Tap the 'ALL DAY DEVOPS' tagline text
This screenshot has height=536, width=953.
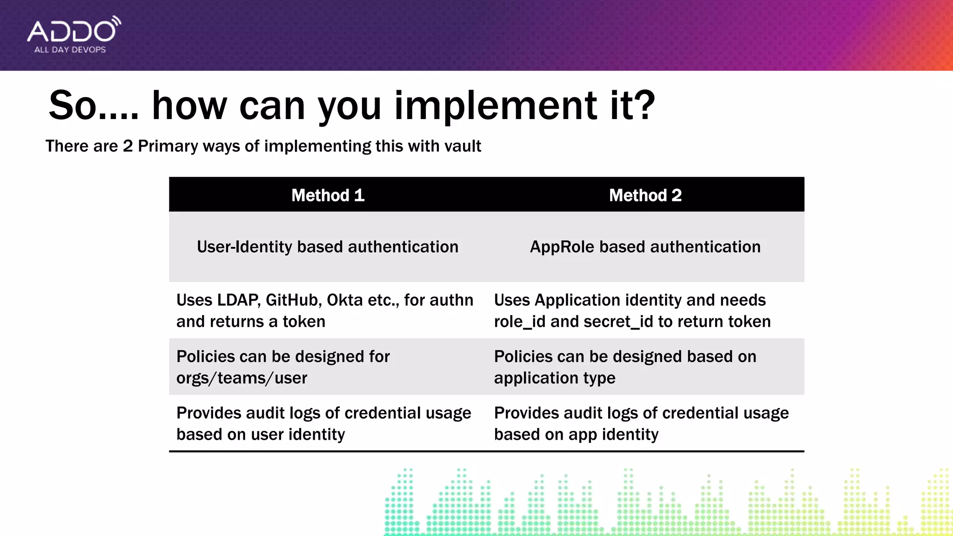pos(70,50)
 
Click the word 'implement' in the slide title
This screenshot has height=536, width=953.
pos(496,106)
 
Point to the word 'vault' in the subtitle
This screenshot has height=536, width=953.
pos(463,146)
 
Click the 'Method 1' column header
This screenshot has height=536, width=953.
pos(328,195)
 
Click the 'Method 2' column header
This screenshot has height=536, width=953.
pos(645,195)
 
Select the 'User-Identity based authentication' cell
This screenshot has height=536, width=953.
pos(328,247)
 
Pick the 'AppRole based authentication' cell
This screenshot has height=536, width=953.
pos(645,247)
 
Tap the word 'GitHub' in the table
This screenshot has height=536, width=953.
pos(293,300)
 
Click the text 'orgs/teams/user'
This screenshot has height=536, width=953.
pos(242,378)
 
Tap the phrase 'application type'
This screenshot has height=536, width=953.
pos(554,378)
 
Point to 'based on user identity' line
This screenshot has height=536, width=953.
pos(261,435)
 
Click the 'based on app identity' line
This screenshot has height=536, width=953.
pos(576,435)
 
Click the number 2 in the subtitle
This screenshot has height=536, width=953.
pos(128,146)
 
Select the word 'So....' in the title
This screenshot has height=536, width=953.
pos(94,106)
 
